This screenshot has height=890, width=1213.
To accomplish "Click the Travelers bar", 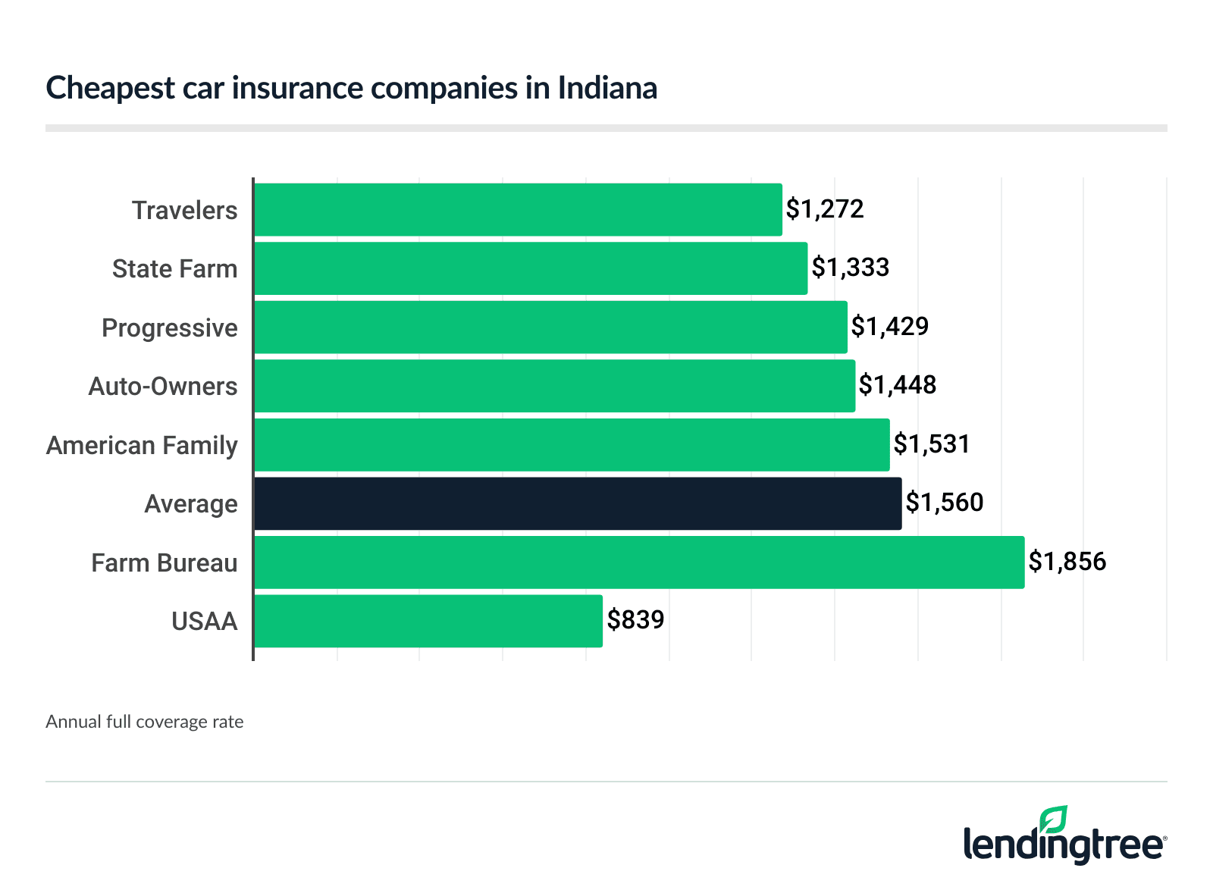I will coord(518,209).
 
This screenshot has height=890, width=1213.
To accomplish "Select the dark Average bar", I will coord(578,503).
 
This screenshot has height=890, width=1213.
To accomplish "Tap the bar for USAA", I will coord(428,621).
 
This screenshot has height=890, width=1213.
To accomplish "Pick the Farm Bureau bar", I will coord(639,563).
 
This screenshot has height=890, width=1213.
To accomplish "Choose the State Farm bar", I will coord(531,268).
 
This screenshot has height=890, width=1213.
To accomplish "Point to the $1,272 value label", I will coord(825,209).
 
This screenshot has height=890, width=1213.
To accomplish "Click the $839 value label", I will coord(635,620).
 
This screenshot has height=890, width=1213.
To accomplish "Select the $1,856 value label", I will coord(1067,562).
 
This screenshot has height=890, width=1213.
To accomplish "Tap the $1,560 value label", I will coord(945,503).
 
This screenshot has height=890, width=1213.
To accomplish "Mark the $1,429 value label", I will coord(889,327).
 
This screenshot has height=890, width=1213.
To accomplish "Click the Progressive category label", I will coord(170,328).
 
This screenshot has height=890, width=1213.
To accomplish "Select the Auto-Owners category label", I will coord(163,387).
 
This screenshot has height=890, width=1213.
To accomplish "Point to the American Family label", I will coord(142,446).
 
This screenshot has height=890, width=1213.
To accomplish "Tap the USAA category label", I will coord(205,622).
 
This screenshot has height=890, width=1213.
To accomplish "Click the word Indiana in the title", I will coord(607,88).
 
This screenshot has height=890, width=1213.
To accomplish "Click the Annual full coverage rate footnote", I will coord(145,722).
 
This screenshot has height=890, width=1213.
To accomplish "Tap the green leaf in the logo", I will coord(1053,820).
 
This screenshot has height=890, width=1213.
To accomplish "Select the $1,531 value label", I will coord(932,444).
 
